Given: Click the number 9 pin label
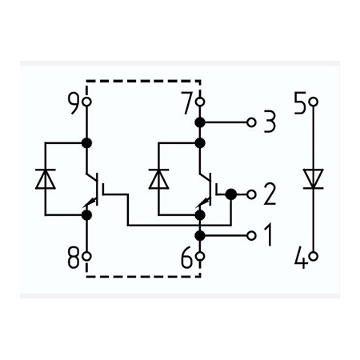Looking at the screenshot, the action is [74, 103].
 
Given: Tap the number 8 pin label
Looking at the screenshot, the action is [74, 258].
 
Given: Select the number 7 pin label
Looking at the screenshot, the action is [187, 103].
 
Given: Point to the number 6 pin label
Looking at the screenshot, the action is [187, 258].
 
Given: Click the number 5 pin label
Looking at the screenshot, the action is [301, 103].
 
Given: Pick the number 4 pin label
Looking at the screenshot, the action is [302, 258].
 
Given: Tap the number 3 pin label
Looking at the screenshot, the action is [270, 122].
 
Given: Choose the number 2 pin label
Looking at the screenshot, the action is [270, 194].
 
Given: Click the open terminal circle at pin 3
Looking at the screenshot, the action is [251, 122].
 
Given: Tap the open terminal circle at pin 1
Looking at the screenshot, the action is [251, 236].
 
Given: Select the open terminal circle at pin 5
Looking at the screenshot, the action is [314, 102].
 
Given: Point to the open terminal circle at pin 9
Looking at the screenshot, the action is [86, 102].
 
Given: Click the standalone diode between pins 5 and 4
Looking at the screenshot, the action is [314, 179].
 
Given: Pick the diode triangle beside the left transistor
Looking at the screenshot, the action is [46, 179].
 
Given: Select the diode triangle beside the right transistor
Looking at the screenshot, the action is [158, 179].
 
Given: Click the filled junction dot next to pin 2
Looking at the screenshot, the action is [231, 194].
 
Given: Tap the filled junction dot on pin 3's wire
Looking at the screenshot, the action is [200, 122].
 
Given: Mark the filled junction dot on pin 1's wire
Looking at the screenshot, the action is [200, 236].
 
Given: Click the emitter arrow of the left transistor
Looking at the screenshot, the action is [90, 203].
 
